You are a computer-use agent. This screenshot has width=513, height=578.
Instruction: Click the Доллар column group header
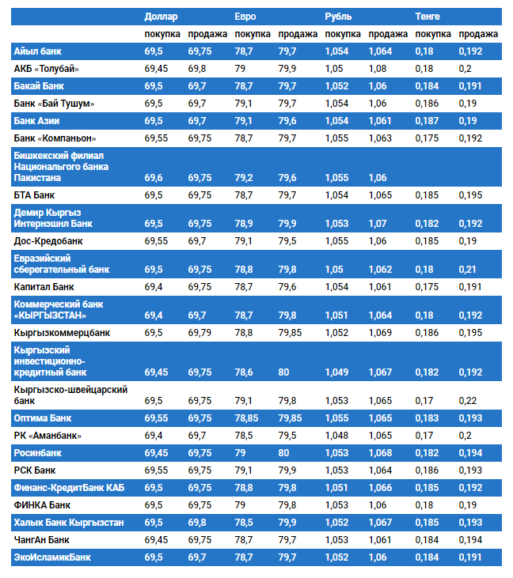(161, 16)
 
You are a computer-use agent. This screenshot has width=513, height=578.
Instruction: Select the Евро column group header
(245, 16)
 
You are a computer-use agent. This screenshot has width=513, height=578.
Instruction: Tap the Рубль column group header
(338, 16)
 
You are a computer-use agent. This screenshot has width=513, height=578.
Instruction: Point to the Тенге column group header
(427, 16)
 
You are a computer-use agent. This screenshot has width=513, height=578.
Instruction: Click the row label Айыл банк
(39, 51)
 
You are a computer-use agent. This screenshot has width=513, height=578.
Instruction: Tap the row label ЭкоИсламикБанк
(52, 557)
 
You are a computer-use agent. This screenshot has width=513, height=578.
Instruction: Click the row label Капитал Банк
(44, 287)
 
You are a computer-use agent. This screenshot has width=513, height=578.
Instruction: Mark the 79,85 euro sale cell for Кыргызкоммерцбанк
(290, 333)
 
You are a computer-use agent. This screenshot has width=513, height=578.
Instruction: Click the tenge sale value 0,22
(467, 400)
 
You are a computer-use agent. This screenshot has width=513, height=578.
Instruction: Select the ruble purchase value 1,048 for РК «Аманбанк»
(336, 436)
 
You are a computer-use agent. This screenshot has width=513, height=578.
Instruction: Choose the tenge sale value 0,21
(467, 270)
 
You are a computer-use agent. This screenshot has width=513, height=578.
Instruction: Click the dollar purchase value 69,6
(154, 178)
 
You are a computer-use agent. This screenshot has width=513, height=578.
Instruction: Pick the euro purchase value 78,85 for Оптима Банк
(247, 417)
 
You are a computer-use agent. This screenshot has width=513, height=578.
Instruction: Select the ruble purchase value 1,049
(336, 372)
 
